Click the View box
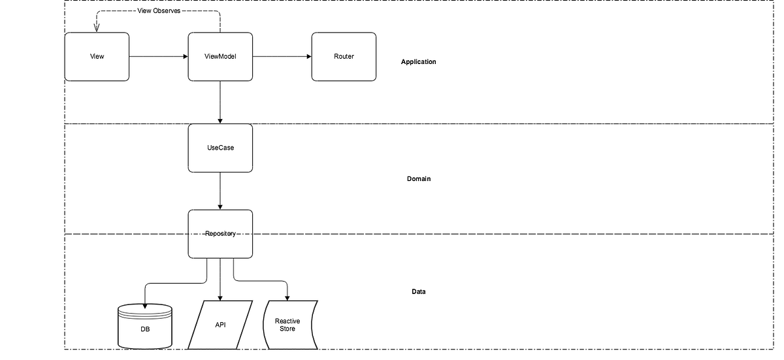pyautogui.click(x=97, y=57)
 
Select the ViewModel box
pyautogui.click(x=220, y=57)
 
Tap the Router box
pyautogui.click(x=344, y=57)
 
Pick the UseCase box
pyautogui.click(x=220, y=148)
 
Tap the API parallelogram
pyautogui.click(x=220, y=325)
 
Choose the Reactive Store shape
pyautogui.click(x=287, y=325)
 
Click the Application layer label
pyautogui.click(x=418, y=62)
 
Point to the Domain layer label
pyautogui.click(x=418, y=179)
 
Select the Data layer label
pyautogui.click(x=418, y=291)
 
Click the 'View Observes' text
pyautogui.click(x=159, y=11)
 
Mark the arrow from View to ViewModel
pyautogui.click(x=158, y=57)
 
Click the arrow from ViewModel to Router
pyautogui.click(x=282, y=57)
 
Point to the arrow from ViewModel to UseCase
pyautogui.click(x=220, y=102)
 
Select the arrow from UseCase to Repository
pyautogui.click(x=220, y=191)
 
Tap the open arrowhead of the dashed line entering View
pyautogui.click(x=97, y=28)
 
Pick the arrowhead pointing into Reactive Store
pyautogui.click(x=287, y=299)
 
